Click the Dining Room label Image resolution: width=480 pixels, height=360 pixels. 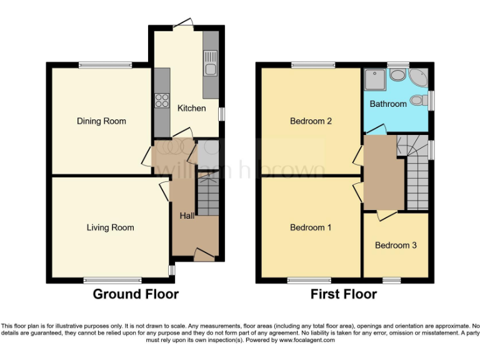101,121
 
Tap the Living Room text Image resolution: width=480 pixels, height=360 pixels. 110,227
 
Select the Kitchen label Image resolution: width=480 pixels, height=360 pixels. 191,108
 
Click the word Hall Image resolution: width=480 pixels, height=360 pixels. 187,216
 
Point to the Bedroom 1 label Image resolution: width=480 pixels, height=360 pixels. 311,227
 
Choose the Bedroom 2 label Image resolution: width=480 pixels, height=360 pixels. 311,121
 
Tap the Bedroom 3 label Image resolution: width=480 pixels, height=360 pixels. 396,245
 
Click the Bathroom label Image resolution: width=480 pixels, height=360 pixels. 388,104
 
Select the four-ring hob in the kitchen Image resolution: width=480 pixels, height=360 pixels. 161,99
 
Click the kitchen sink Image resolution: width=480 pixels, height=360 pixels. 210,69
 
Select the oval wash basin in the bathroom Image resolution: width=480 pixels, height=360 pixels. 397,75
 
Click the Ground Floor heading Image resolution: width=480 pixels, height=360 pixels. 136,294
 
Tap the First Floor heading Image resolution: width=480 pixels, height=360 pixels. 344,294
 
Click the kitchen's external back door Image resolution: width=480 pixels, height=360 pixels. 183,24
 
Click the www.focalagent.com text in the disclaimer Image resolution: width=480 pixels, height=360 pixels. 307,340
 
